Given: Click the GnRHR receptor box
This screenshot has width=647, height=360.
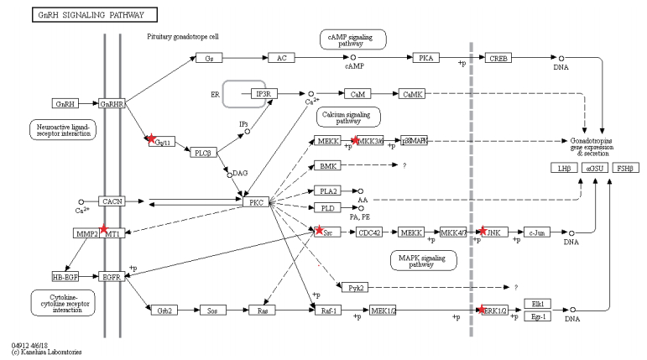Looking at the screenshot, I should point(112,104).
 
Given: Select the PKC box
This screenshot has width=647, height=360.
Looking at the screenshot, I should point(255,201).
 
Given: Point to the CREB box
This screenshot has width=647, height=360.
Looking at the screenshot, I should point(499,57).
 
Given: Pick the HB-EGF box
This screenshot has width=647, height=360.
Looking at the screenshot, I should point(65,275).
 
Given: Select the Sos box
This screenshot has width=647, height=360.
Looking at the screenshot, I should point(212,310).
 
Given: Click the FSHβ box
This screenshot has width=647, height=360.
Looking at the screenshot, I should point(625,169).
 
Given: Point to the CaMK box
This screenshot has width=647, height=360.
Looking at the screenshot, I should point(413,95).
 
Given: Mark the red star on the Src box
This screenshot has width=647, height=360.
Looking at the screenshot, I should point(319,229).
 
